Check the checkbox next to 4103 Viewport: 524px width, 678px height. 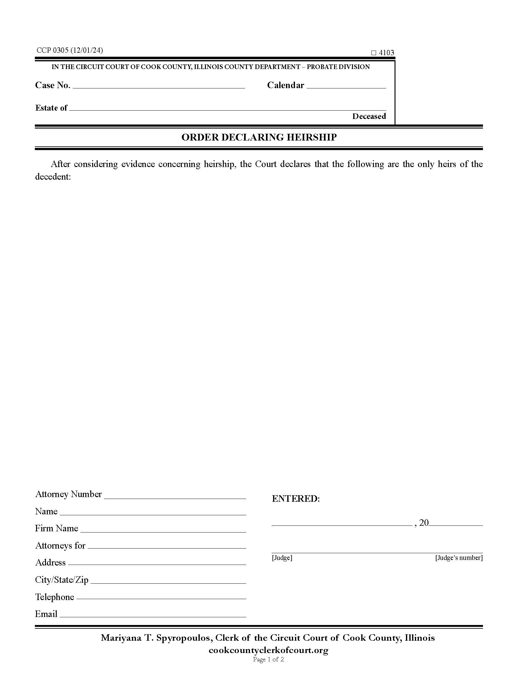[374, 53]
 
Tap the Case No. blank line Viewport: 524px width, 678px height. [159, 86]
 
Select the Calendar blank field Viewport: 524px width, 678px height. [346, 86]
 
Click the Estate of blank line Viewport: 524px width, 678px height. [227, 108]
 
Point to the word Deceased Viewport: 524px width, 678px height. [369, 116]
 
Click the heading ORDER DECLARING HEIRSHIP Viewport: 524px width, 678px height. [259, 137]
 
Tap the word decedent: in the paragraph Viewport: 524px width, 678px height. [53, 177]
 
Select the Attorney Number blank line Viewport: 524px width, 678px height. [175, 495]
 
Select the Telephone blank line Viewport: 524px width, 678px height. [161, 597]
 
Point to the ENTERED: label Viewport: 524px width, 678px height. [296, 499]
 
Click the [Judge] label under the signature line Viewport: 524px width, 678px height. [282, 558]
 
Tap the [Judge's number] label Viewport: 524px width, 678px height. [459, 558]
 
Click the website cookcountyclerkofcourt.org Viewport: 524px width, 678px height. [268, 650]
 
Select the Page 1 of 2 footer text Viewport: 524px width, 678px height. [268, 660]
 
